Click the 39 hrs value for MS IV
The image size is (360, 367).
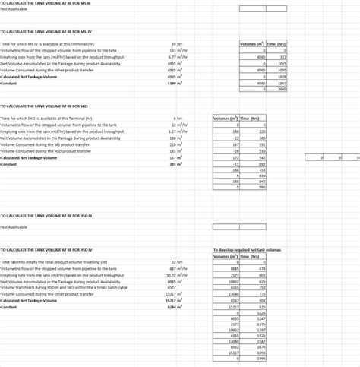pos(177,44)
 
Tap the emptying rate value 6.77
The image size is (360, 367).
pos(176,57)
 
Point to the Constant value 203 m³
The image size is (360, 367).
pos(176,164)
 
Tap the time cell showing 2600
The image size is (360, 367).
pos(282,90)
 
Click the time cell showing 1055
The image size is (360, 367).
pos(282,64)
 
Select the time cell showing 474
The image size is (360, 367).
pos(261,268)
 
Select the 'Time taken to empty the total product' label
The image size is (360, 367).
pos(54,261)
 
